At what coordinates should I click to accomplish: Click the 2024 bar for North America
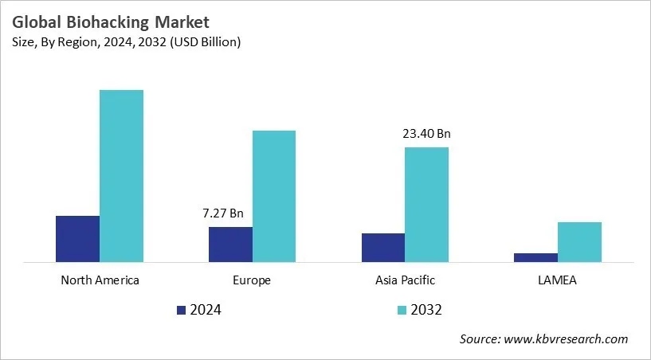pos(77,238)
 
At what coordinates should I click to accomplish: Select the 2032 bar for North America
pos(121,175)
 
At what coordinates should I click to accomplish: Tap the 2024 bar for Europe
pos(230,244)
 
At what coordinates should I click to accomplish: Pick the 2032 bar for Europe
pos(274,196)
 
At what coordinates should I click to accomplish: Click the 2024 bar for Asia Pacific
pos(382,247)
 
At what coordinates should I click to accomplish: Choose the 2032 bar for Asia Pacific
pos(426,204)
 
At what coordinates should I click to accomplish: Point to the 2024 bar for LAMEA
pos(535,257)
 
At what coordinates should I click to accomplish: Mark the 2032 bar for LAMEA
pos(579,241)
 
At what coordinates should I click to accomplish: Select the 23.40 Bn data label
pos(426,134)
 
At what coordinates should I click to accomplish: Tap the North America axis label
pos(100,280)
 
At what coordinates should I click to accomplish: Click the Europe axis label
pos(253,280)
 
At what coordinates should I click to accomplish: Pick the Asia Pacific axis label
pos(405,280)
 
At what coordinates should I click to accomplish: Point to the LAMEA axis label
pos(558,280)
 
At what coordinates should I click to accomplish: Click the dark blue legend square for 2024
pos(182,310)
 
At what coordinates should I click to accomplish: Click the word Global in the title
pos(39,22)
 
